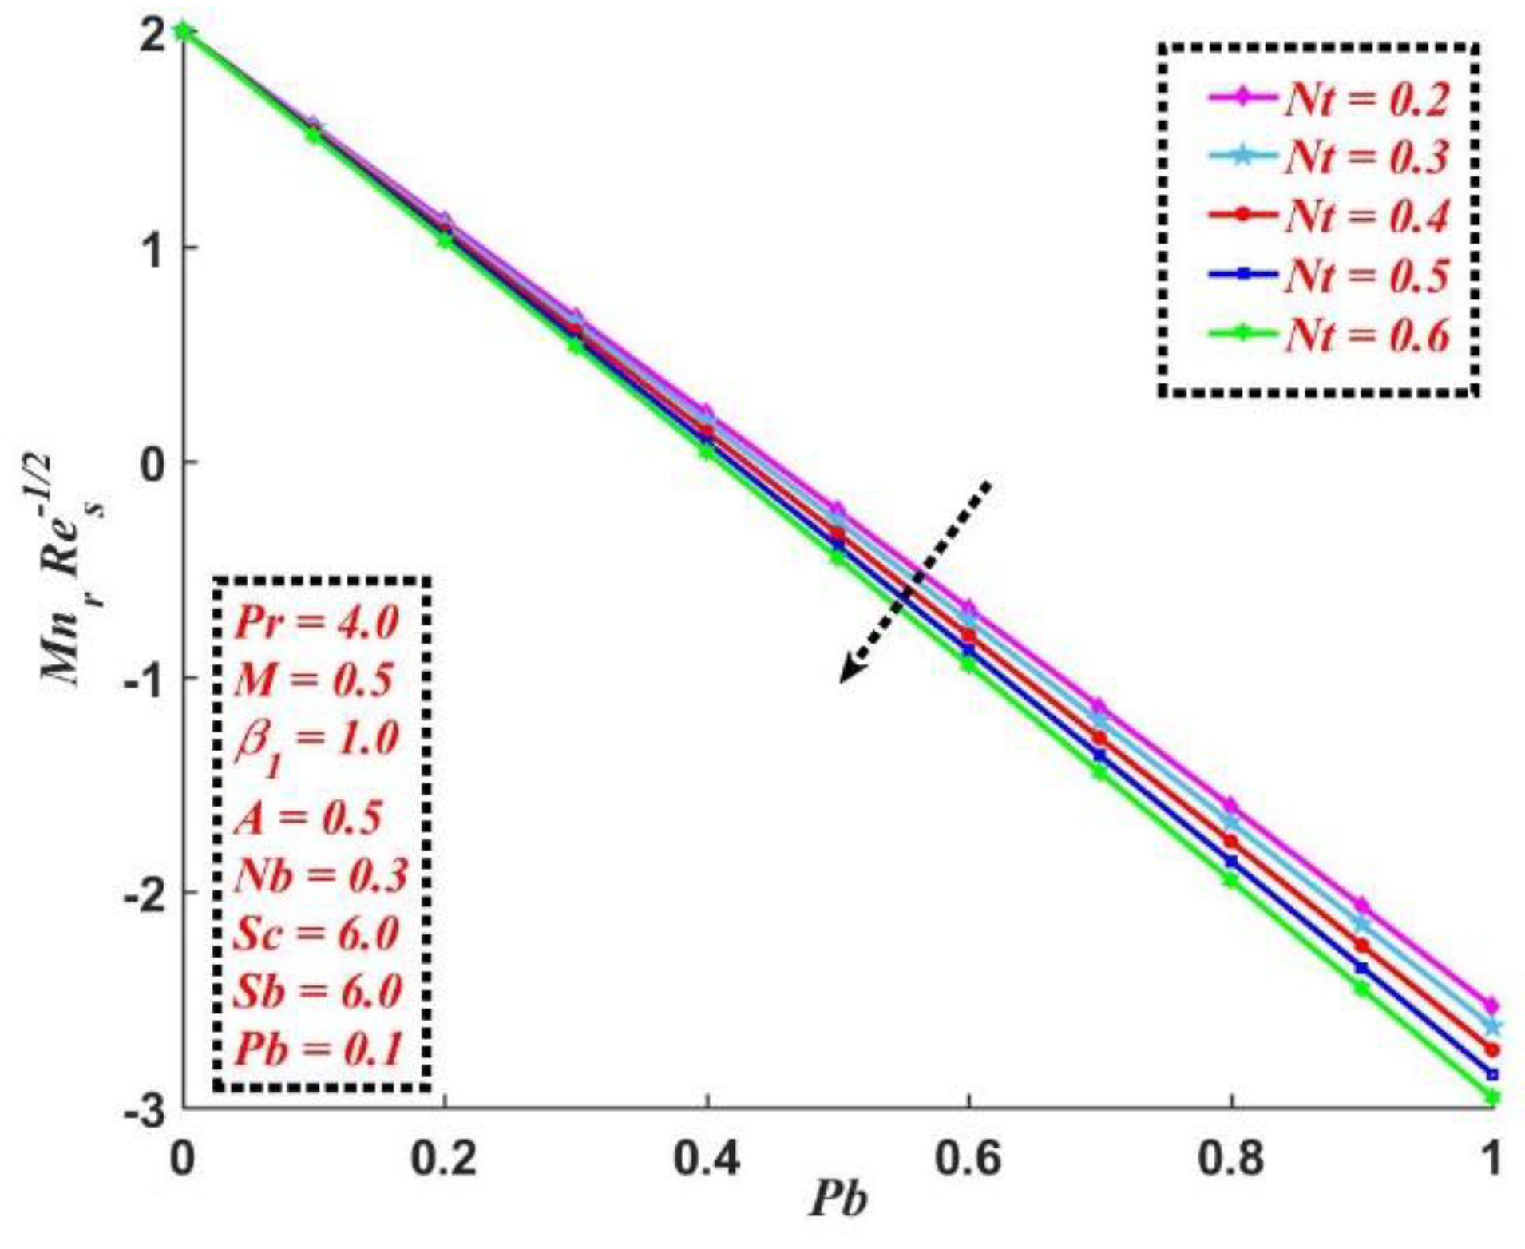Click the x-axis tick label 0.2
tap(444, 1159)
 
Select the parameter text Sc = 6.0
tap(316, 933)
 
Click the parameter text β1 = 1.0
tap(316, 739)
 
